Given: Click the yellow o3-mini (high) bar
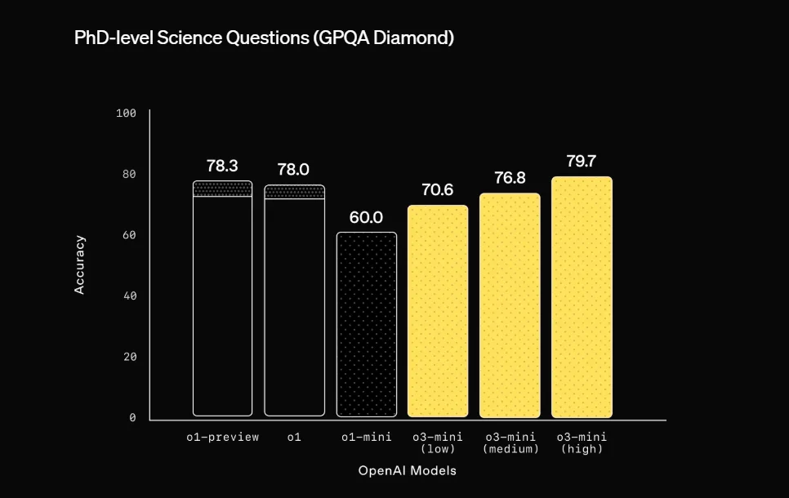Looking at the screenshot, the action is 582,297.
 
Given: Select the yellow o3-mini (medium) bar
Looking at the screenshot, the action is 510,305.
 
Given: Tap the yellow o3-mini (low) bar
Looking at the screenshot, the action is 438,311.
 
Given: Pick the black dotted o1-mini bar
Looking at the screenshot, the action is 366,324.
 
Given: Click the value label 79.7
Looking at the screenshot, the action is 582,161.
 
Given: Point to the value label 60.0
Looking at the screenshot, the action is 366,217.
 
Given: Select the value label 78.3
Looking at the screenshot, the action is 222,166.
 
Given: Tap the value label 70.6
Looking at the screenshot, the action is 437,189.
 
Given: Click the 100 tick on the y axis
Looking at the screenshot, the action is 126,113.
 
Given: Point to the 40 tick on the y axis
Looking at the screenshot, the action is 129,296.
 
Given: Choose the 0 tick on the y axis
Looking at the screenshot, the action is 132,417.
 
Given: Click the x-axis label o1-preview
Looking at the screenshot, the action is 222,437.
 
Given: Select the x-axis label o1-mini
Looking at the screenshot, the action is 366,437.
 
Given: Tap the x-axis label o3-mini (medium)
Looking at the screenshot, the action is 510,442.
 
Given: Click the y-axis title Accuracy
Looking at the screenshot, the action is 79,265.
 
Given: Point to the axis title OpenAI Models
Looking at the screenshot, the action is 407,471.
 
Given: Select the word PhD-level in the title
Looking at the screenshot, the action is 114,38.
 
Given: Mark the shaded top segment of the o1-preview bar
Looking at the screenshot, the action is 222,189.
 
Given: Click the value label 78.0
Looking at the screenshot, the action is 293,170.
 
